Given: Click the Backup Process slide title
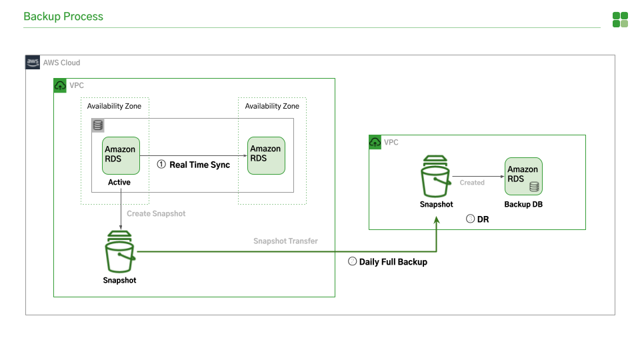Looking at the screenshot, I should (x=63, y=17).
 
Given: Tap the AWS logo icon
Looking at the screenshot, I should (x=33, y=63).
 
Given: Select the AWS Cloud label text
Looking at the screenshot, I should (x=62, y=63).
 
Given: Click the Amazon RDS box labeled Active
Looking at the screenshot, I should (x=121, y=156).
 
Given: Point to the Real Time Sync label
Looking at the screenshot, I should (x=199, y=165).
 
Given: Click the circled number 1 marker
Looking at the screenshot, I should (x=161, y=165).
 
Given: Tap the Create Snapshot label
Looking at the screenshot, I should (x=157, y=214).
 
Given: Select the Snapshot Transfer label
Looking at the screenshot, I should (x=285, y=241).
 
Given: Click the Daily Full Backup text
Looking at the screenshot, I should (x=393, y=262).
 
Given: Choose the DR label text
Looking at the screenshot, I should (x=483, y=219).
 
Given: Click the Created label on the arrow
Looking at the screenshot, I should (x=472, y=183).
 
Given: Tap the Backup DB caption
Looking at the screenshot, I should (x=523, y=205).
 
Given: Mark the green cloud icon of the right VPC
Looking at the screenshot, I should (x=375, y=142).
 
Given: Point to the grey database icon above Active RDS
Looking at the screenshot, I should (x=98, y=125).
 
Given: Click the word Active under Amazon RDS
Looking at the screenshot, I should (x=119, y=182).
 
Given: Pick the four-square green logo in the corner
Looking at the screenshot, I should (x=620, y=19).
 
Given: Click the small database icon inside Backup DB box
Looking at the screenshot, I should (x=534, y=187).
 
